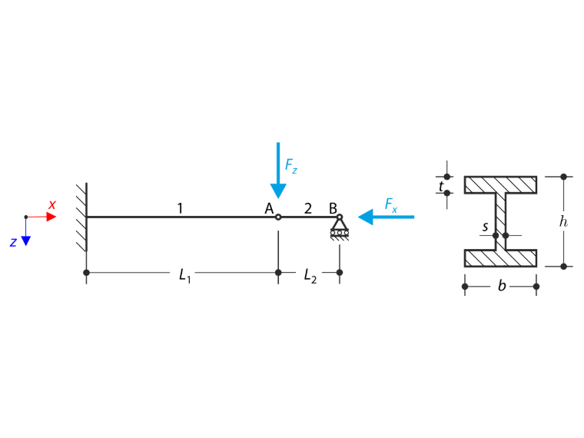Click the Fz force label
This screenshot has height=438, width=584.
click(x=291, y=166)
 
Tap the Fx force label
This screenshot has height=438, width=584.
click(x=390, y=205)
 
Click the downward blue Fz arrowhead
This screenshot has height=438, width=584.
click(x=278, y=191)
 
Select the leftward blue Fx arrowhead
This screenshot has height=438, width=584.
click(x=365, y=217)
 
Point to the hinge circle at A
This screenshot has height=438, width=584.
click(x=278, y=217)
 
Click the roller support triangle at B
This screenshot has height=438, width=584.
click(x=340, y=224)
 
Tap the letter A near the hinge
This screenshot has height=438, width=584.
click(x=269, y=208)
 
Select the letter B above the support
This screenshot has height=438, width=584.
click(x=333, y=208)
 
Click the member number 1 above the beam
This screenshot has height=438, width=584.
click(x=181, y=208)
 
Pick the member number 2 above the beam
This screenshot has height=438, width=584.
click(x=307, y=208)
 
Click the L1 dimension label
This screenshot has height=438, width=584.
click(x=184, y=276)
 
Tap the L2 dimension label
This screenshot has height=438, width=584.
click(x=310, y=276)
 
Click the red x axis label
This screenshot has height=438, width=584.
click(x=52, y=204)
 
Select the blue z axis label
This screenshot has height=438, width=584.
click(x=13, y=243)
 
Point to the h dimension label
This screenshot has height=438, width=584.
click(x=563, y=221)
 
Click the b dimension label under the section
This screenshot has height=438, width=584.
click(x=502, y=286)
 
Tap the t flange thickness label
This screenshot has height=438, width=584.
click(x=441, y=186)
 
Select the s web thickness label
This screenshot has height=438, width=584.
click(x=485, y=227)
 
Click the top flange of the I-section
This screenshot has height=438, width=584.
click(x=500, y=184)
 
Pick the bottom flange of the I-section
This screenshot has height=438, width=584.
click(x=500, y=258)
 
